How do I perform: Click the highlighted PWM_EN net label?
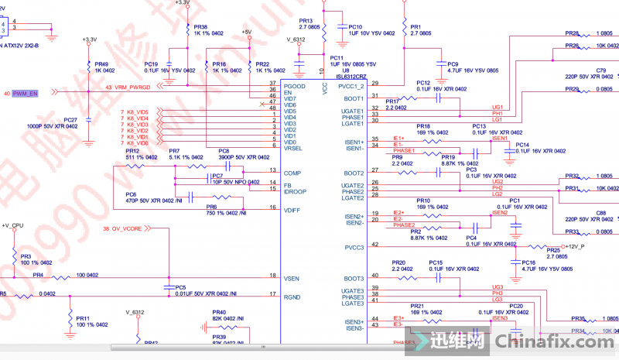[x=26, y=93]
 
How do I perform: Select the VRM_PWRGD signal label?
[x=135, y=87]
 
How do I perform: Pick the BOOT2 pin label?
[x=354, y=173]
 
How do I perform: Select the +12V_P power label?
[x=576, y=246]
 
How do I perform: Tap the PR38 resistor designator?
[x=200, y=26]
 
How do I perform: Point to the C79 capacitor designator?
[x=601, y=70]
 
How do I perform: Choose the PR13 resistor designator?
[x=306, y=21]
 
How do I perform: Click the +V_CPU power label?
[x=13, y=225]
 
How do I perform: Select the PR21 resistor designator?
[x=418, y=307]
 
